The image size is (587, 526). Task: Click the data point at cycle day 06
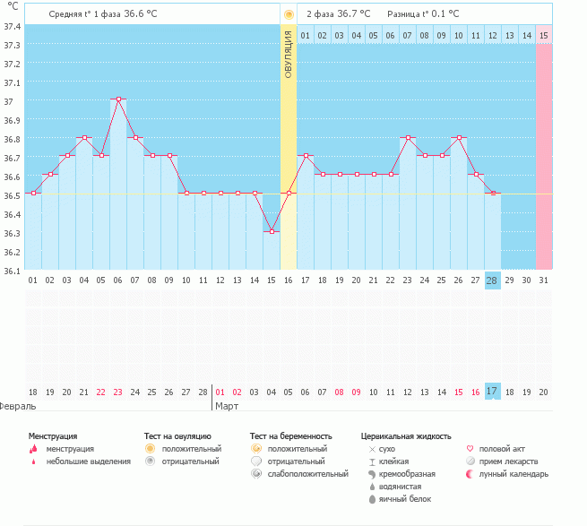point(117,99)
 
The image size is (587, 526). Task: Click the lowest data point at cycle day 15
point(271,231)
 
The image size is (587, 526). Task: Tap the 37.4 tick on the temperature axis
point(12,26)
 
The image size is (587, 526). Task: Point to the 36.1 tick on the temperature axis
point(12,271)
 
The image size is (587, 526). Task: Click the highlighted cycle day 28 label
point(492,280)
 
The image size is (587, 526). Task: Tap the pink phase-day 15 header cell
point(543,36)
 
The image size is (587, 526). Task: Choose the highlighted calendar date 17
point(492,392)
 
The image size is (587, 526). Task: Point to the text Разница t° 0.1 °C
point(423,14)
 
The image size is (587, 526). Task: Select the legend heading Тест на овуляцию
point(177,435)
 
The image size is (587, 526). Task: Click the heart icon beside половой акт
point(470,448)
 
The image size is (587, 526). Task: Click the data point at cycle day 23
point(407,137)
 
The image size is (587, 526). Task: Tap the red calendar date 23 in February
point(117,392)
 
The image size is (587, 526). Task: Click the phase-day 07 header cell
point(407,36)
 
